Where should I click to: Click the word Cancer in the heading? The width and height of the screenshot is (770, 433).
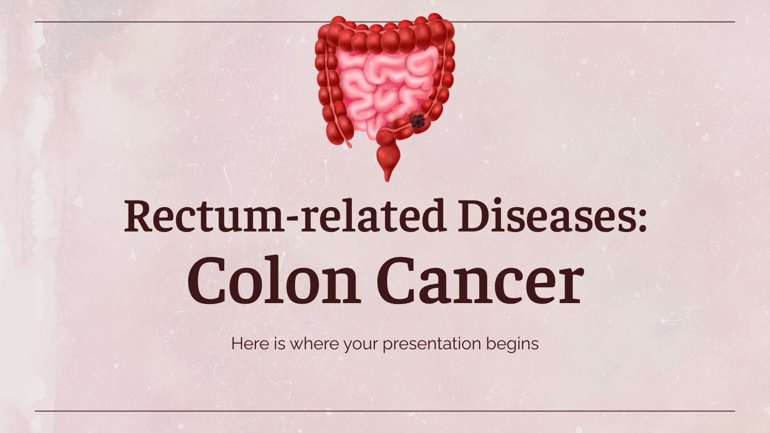[x=480, y=280]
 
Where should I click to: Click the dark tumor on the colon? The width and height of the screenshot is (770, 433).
[x=418, y=121]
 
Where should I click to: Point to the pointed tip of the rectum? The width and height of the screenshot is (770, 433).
[x=387, y=180]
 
